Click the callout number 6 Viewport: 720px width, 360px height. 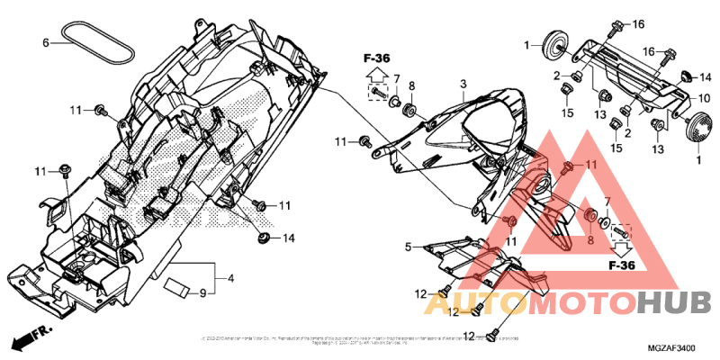click(45, 42)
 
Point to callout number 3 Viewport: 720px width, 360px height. click(462, 84)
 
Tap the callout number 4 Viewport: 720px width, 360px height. click(230, 279)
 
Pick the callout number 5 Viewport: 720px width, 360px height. click(408, 247)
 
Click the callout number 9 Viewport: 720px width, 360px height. click(202, 292)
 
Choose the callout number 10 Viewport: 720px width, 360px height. click(705, 97)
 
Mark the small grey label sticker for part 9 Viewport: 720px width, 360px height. click(176, 288)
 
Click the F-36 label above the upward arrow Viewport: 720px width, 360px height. click(377, 58)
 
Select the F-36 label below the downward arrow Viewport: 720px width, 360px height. click(623, 266)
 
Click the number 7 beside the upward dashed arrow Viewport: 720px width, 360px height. click(396, 78)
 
